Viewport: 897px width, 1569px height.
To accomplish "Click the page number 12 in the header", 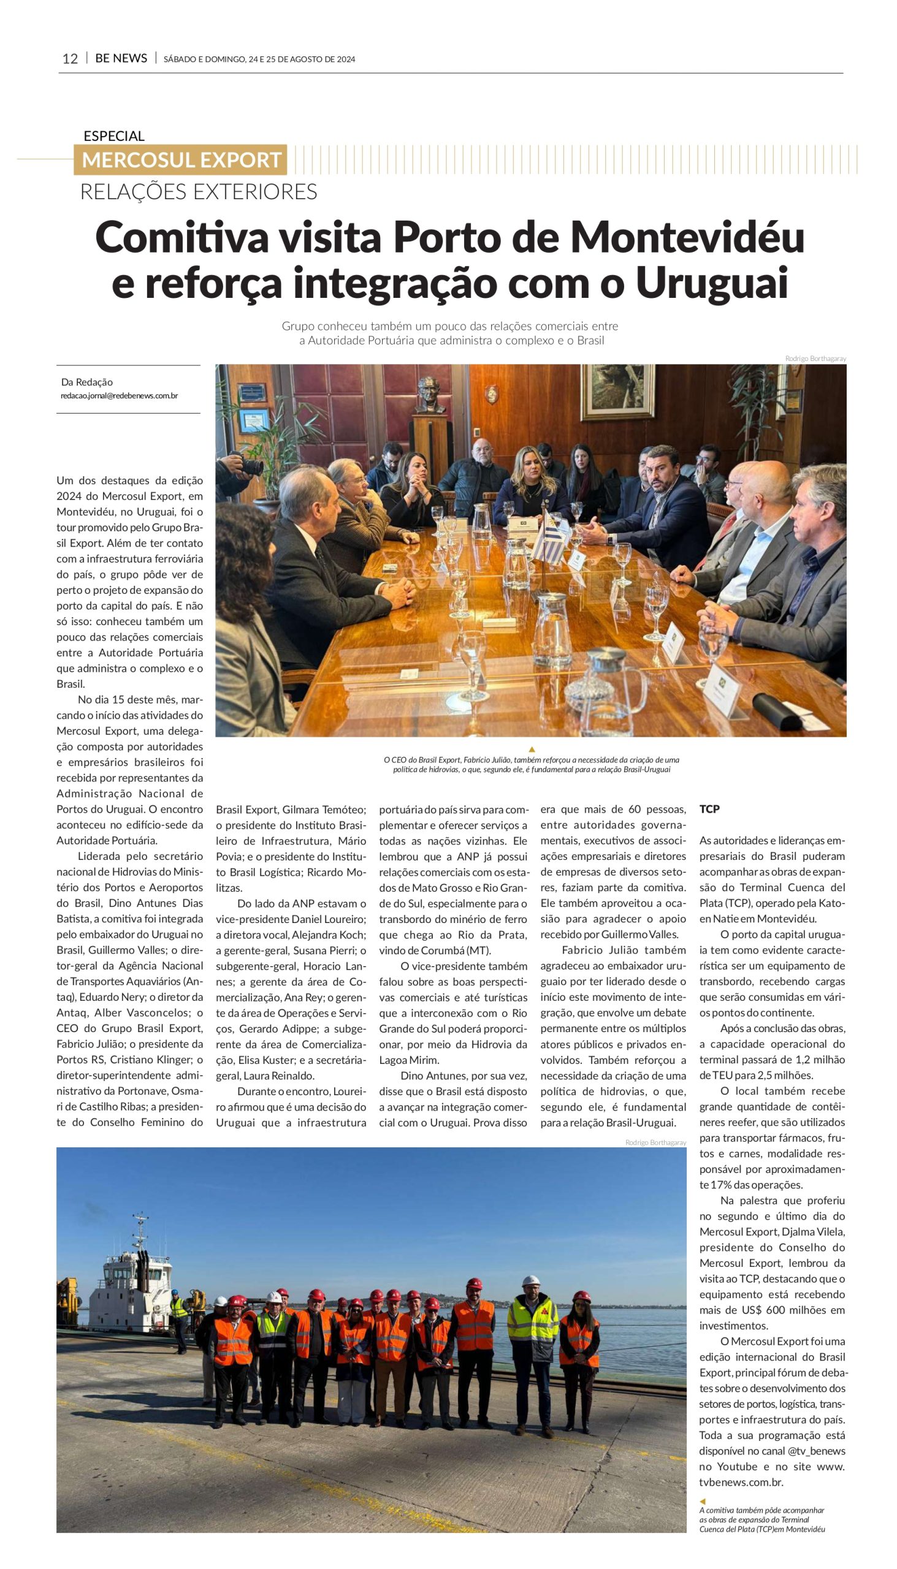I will (x=71, y=58).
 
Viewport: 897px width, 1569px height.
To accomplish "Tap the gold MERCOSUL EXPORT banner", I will (x=180, y=160).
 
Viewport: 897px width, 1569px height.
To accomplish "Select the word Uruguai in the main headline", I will (x=712, y=283).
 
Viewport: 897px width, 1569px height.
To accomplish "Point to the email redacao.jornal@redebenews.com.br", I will (x=120, y=396).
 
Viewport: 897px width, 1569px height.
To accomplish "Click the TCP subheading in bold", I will (x=709, y=809).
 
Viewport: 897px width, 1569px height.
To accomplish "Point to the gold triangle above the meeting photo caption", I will (x=531, y=750).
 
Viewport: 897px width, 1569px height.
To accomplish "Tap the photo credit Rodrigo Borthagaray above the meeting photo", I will (x=815, y=359).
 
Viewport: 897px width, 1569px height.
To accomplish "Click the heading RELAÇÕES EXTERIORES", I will (x=199, y=192).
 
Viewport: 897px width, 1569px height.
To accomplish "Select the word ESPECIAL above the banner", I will (x=114, y=136).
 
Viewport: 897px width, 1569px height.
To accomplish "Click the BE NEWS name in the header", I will (x=121, y=58).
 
